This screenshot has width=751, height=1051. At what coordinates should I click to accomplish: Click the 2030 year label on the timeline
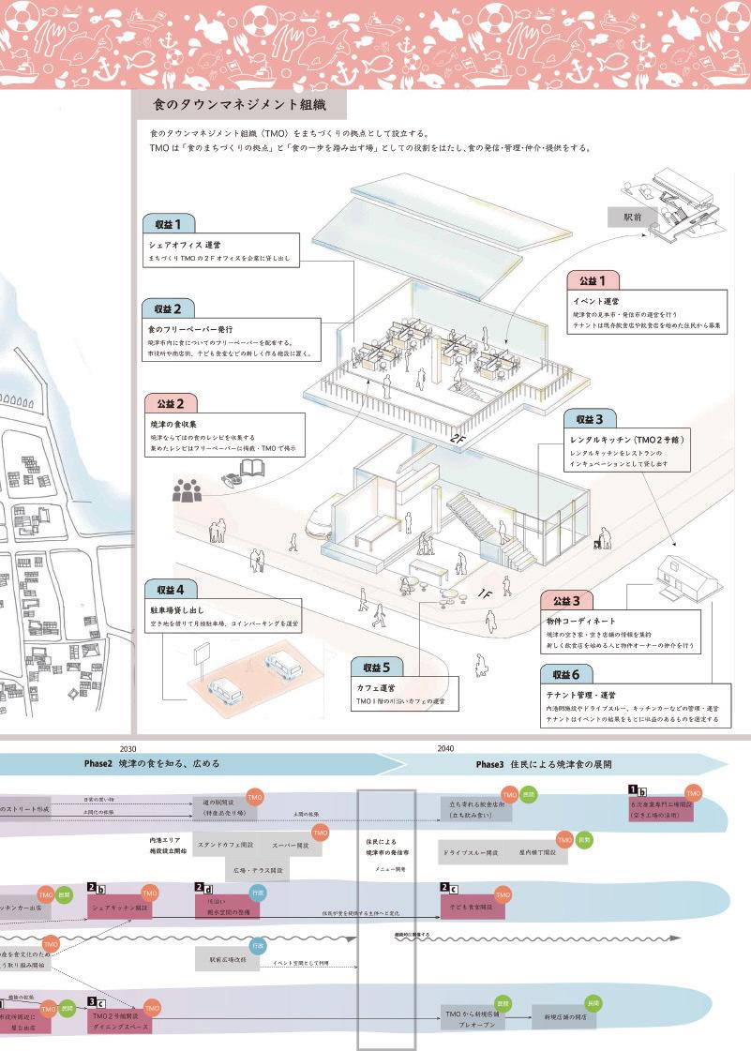click(128, 748)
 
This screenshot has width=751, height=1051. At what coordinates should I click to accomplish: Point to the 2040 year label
click(446, 748)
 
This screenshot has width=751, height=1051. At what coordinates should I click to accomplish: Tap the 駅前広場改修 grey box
click(226, 958)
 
